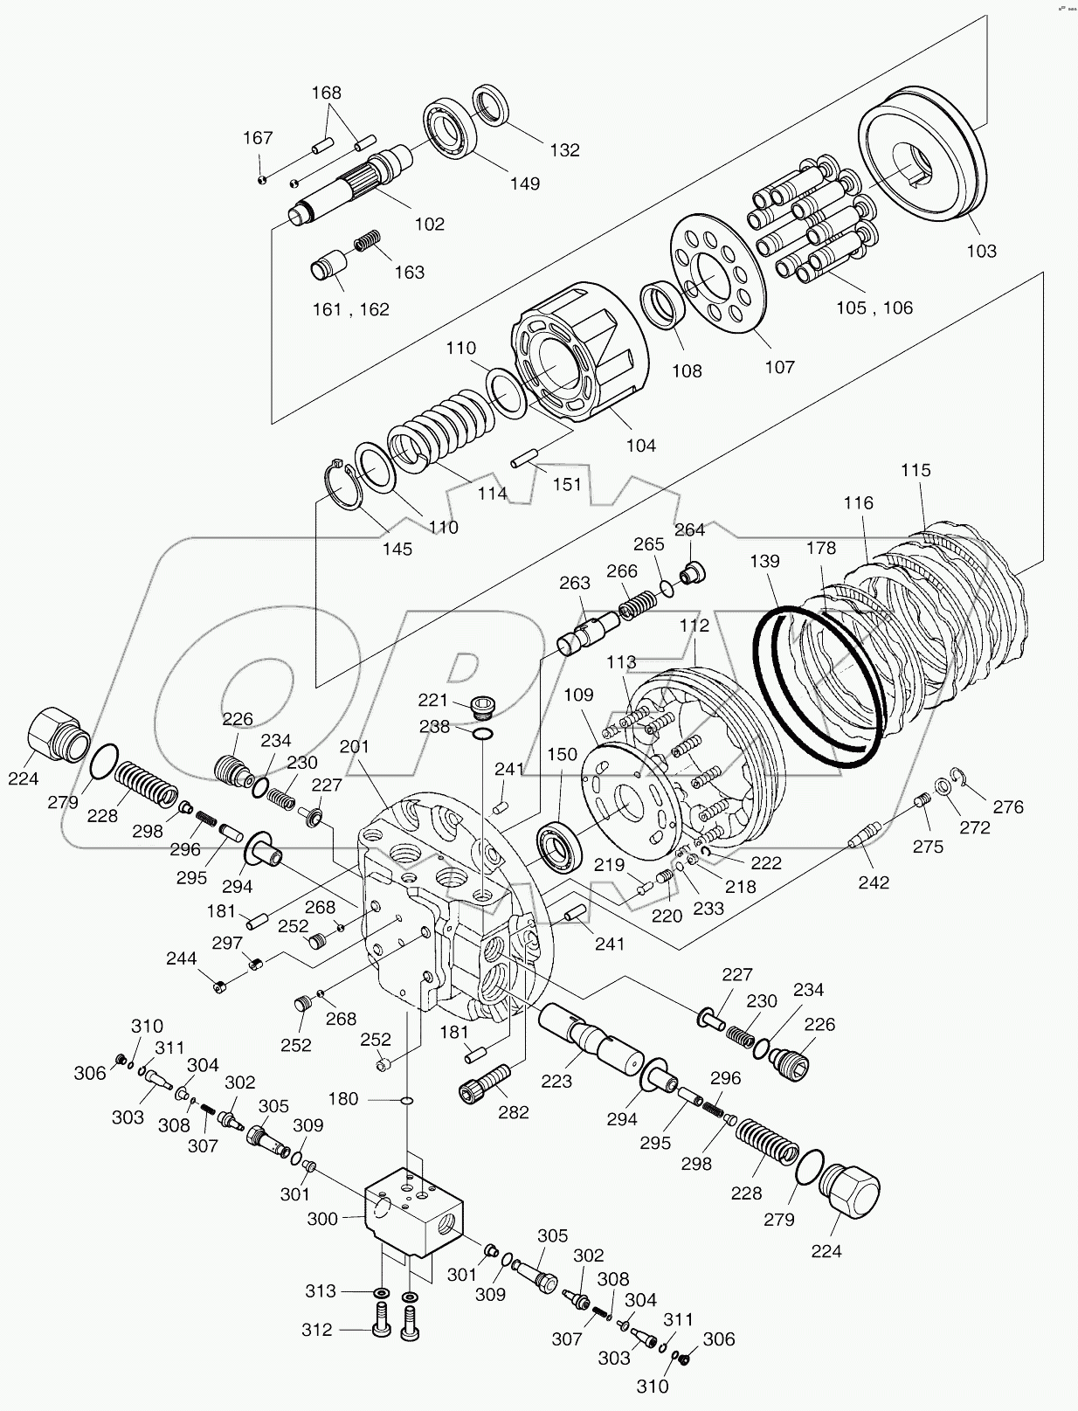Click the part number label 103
981,251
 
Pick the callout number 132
564,150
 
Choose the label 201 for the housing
355,746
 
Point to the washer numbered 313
381,1292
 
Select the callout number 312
318,1329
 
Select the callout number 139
764,562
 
